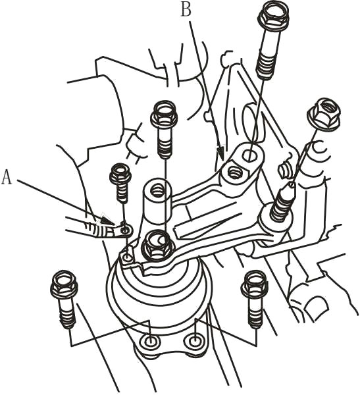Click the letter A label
7,176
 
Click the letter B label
186,10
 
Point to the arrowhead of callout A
108,220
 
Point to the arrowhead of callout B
220,153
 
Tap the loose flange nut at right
324,114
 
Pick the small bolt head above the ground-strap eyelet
120,173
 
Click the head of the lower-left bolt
64,285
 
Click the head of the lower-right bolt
254,284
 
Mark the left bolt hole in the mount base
151,341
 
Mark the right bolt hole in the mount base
195,341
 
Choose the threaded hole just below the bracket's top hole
234,172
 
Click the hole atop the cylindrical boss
157,190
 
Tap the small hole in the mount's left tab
128,257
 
